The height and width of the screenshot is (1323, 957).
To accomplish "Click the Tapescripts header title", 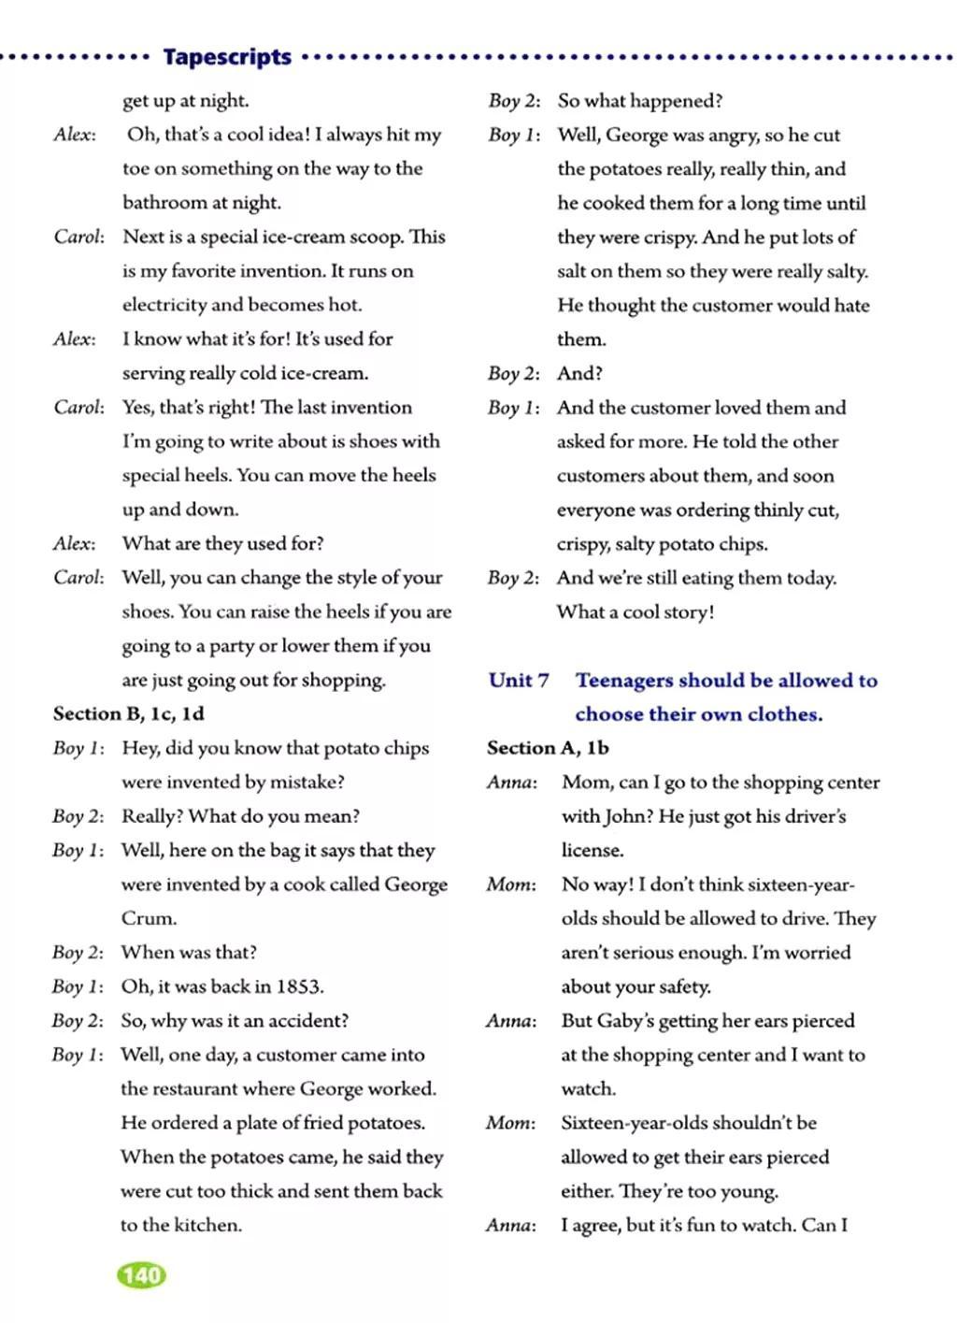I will click(x=227, y=57).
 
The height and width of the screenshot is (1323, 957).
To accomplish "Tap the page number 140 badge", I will click(x=141, y=1275).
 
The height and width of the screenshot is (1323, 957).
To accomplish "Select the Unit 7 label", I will click(x=519, y=680).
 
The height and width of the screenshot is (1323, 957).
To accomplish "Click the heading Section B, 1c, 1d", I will click(x=128, y=713).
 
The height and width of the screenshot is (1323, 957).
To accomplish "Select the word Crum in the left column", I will click(x=148, y=918).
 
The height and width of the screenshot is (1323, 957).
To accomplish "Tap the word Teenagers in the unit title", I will click(x=624, y=680).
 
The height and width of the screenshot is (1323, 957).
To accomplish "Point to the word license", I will click(x=592, y=850).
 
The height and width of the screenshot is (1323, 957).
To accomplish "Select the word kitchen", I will click(x=207, y=1225).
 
